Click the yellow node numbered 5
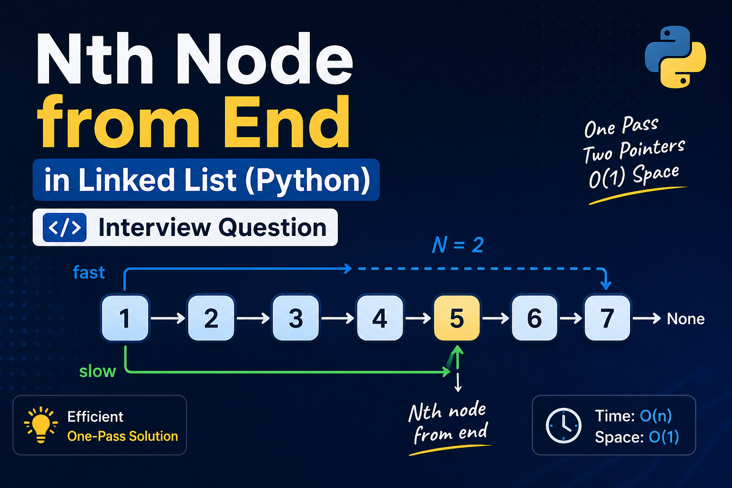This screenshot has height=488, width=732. click(x=457, y=318)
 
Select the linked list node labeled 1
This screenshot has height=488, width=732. click(x=125, y=318)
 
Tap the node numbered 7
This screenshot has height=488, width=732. click(x=607, y=318)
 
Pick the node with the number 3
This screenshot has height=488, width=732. click(x=295, y=318)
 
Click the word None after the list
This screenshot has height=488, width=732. click(x=685, y=319)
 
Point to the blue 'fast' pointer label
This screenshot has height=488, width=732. click(x=89, y=273)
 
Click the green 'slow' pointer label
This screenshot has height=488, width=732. click(x=97, y=371)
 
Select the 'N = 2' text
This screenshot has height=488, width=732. click(x=457, y=245)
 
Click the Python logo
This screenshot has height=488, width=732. click(x=675, y=57)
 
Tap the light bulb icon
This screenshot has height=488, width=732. click(x=41, y=424)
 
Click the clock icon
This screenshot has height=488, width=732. click(x=563, y=425)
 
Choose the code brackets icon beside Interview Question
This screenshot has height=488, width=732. click(x=64, y=228)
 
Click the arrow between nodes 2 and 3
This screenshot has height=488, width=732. click(x=253, y=318)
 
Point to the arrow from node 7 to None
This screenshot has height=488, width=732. click(x=647, y=318)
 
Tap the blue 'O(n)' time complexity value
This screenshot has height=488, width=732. click(x=655, y=416)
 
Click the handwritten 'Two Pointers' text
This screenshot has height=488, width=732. click(x=633, y=150)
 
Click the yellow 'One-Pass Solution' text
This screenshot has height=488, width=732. click(x=122, y=436)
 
